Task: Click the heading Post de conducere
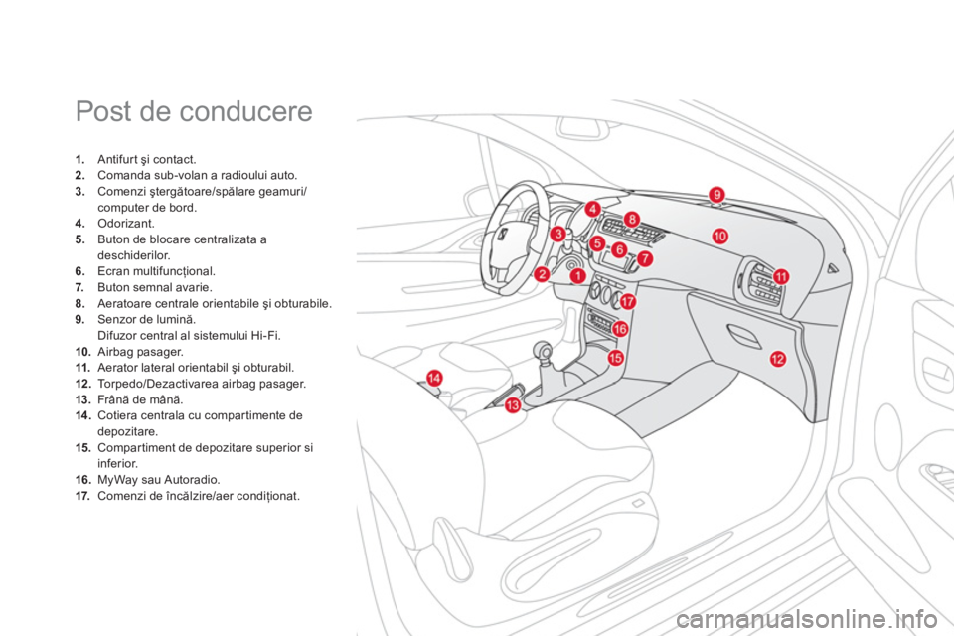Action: tap(194, 112)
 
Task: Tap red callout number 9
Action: tap(716, 195)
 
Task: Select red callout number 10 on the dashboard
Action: tap(719, 236)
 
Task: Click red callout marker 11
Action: tap(781, 276)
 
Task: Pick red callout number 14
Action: tap(434, 376)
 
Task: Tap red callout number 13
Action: tap(512, 406)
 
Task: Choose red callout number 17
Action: tap(627, 300)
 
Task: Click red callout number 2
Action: tap(543, 273)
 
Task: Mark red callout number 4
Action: tap(592, 209)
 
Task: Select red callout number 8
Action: tap(631, 218)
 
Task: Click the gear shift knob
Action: tap(545, 352)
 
